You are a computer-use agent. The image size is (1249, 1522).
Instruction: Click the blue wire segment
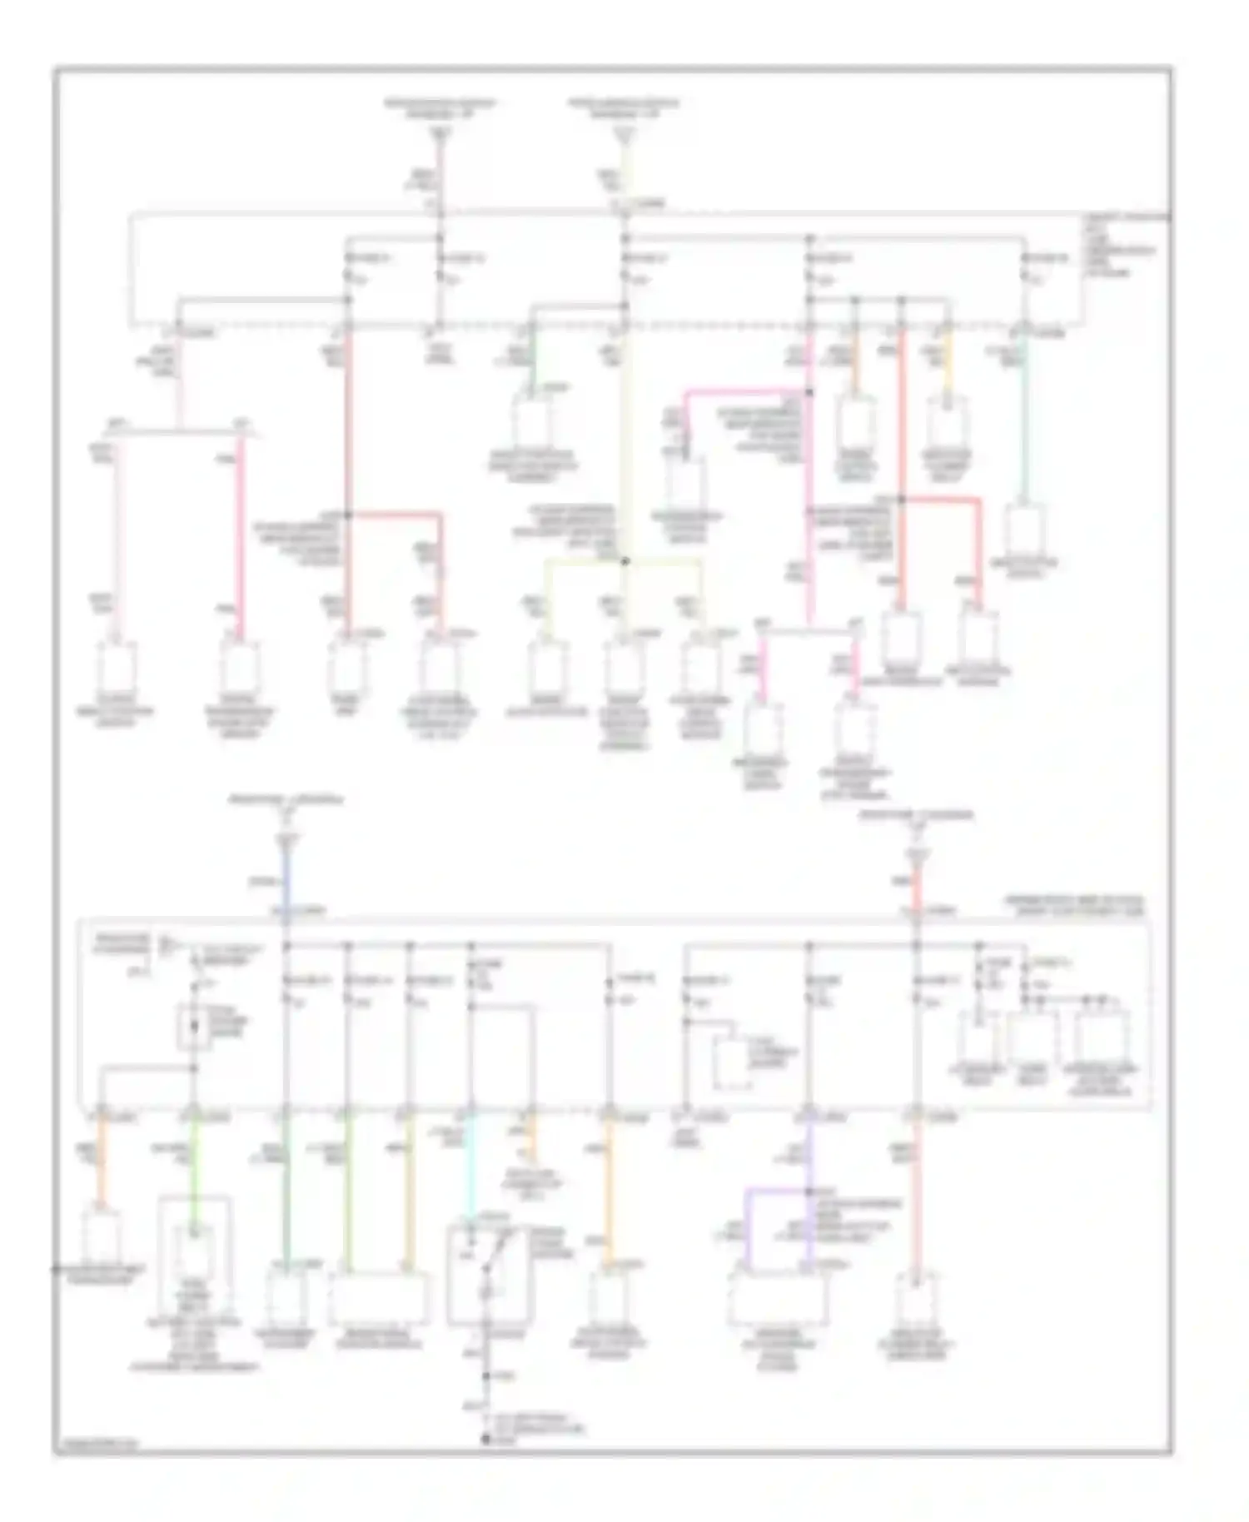pos(286,883)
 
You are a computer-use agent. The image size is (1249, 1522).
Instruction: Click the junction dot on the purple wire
pos(807,1191)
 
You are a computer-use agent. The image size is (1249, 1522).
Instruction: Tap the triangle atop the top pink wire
pos(440,133)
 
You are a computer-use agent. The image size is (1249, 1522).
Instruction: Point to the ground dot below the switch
pos(485,1438)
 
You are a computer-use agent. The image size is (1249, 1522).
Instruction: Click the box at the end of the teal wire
pos(1026,529)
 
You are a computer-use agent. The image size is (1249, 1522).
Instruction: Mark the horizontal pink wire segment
pos(745,390)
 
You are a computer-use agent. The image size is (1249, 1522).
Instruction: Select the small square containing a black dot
pos(193,1026)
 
